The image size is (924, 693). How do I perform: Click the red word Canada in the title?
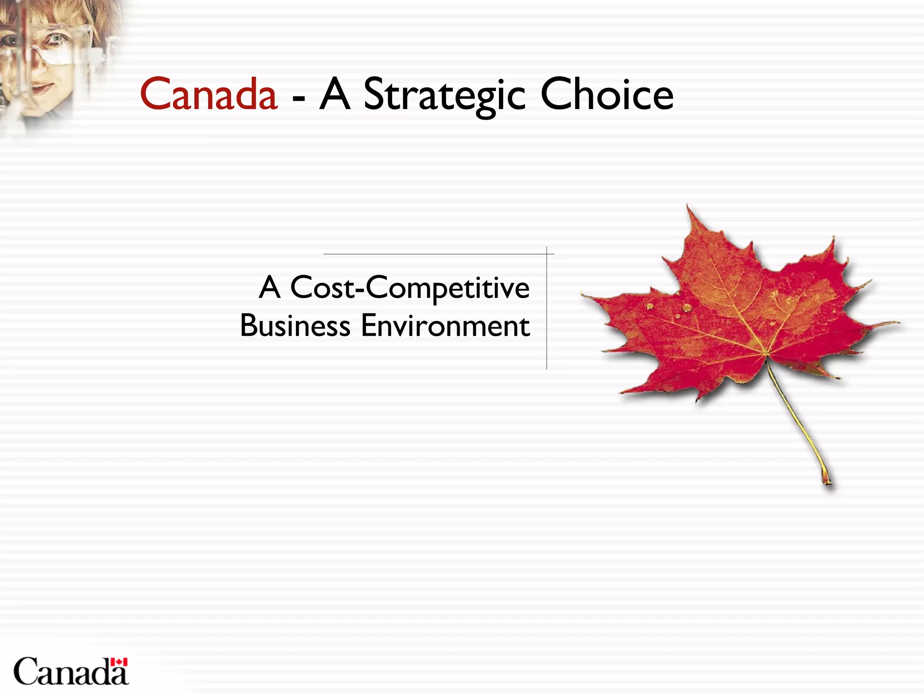(208, 95)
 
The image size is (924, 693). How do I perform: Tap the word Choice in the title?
(607, 95)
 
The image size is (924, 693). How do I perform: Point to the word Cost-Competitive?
(410, 288)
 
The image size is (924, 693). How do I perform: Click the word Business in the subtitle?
(295, 326)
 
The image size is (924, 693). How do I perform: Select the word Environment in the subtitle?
(445, 326)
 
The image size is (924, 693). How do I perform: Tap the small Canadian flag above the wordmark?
(120, 662)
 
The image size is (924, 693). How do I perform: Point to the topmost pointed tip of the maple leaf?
(688, 206)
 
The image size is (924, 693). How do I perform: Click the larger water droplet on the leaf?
(687, 307)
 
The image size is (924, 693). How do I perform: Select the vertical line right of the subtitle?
(547, 311)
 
